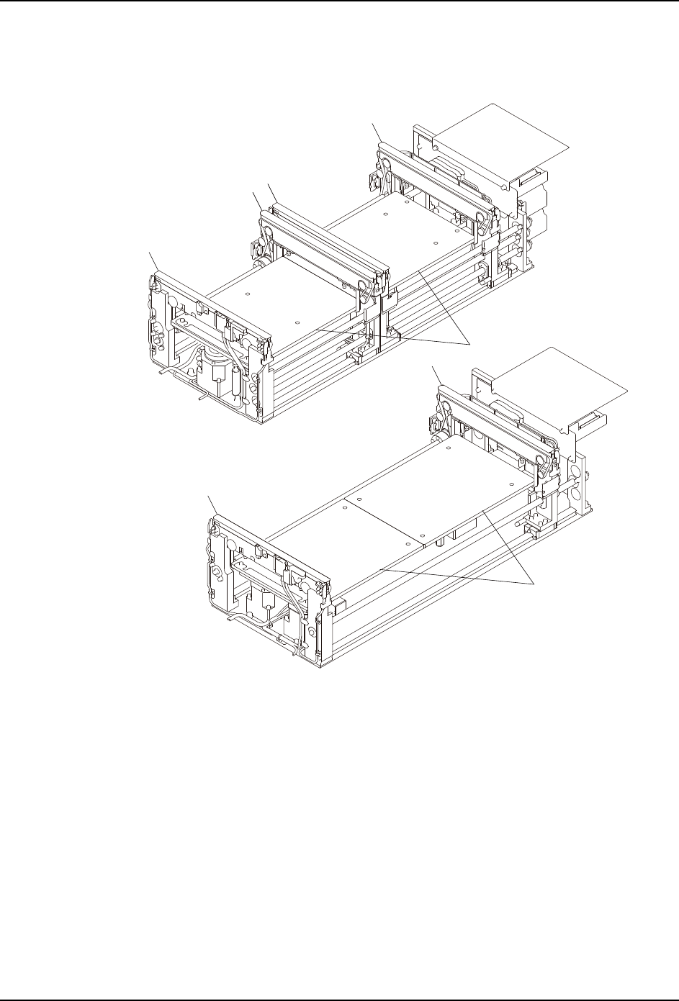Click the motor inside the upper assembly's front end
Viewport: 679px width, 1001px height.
[214, 368]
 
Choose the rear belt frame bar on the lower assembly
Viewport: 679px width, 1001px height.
[497, 417]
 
